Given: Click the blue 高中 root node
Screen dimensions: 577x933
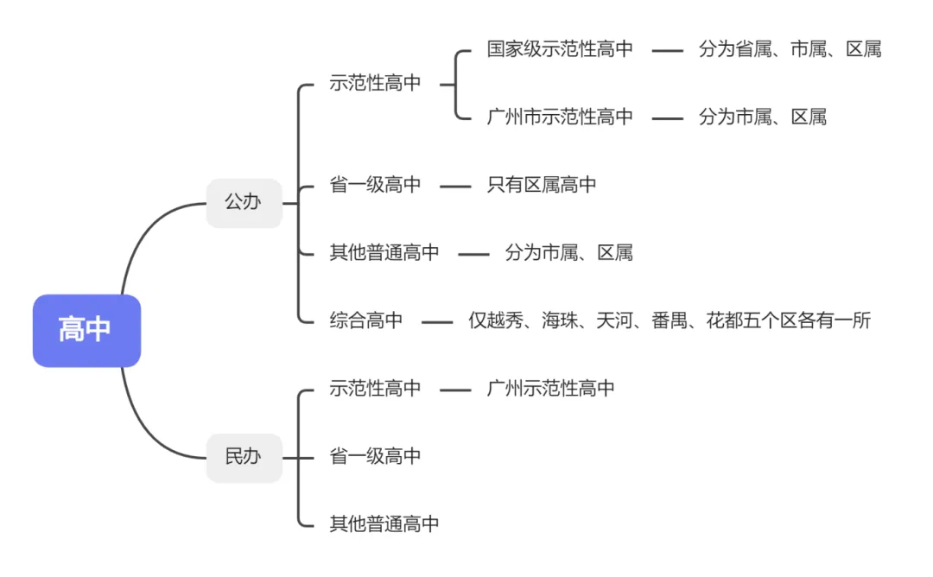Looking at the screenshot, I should [86, 330].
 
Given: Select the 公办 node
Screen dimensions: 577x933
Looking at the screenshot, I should [244, 203].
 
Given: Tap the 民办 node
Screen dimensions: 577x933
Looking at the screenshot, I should [244, 457].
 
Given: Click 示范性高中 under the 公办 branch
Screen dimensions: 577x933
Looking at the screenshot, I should [375, 84].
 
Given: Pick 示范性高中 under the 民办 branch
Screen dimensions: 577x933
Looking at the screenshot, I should [375, 389].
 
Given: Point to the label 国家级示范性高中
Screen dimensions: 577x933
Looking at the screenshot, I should [560, 49].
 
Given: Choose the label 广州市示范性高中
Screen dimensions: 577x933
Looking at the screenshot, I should [560, 117].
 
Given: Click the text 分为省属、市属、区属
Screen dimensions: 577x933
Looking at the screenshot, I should [790, 49].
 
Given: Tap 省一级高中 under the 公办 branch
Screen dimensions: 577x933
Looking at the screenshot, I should [375, 185].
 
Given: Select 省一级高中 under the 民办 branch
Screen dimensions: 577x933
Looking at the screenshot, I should [375, 456].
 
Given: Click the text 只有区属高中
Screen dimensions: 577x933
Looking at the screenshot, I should [542, 185].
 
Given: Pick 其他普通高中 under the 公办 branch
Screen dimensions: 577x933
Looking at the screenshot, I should [384, 253].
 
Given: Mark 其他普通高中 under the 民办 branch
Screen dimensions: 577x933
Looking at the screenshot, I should [384, 523].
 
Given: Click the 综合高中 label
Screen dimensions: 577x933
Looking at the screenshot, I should [366, 320].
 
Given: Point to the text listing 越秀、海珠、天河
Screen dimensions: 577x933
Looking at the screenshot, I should [670, 320].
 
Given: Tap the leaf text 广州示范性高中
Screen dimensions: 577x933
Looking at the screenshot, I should [551, 389].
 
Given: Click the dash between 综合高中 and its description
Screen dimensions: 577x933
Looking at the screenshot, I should [437, 322].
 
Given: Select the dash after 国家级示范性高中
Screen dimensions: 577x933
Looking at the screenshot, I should [667, 51].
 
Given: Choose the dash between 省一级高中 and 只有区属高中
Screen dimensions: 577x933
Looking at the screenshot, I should [455, 187].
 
